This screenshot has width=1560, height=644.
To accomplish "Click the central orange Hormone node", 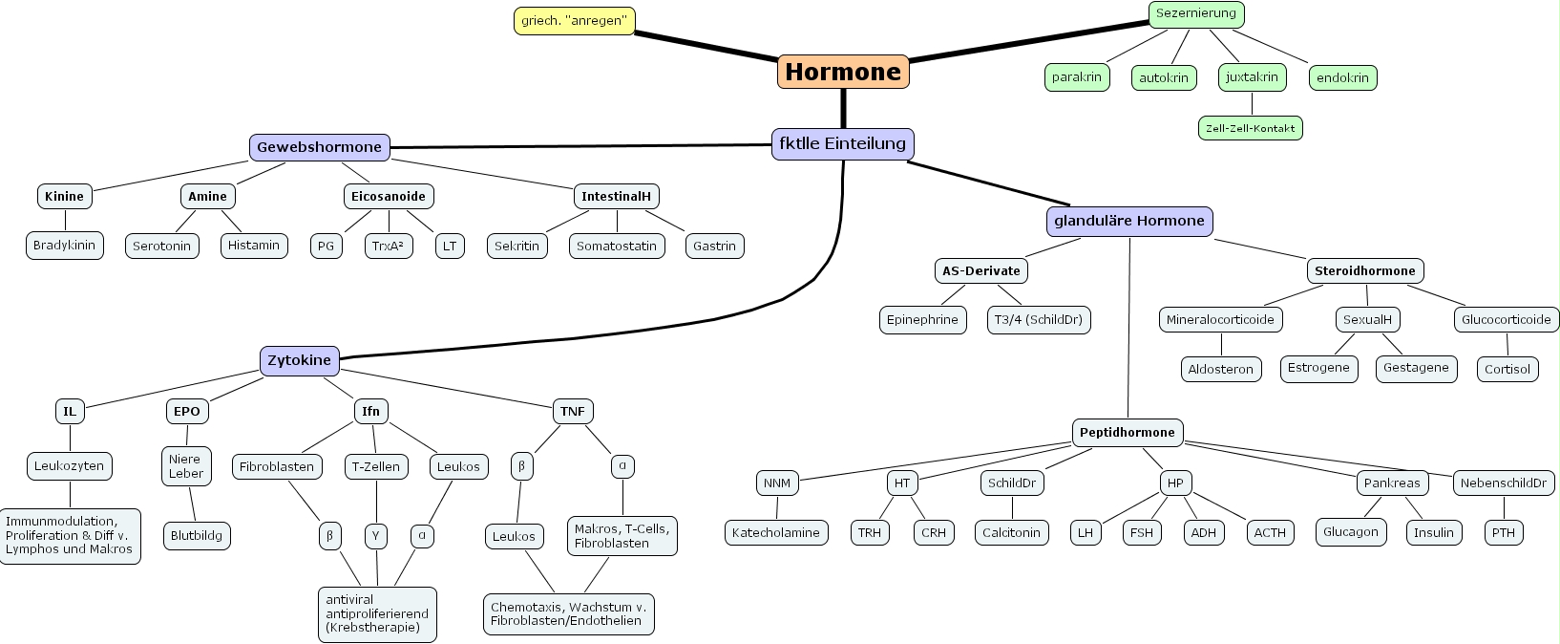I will pos(843,72).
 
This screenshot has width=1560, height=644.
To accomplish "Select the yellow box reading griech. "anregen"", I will pos(574,20).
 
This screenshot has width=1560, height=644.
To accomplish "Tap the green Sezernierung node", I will pos(1195,13).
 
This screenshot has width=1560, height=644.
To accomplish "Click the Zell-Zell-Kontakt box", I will pos(1250,128).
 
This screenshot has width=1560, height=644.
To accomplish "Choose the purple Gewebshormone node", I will pos(319,147).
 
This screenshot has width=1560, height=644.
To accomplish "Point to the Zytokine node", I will pos(299,360).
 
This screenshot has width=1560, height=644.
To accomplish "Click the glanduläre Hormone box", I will pos(1128,221).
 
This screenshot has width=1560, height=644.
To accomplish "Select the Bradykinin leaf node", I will pos(64,246).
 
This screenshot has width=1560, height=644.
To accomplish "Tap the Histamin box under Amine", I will pos(253,246).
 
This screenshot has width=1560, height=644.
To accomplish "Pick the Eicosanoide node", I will pos(388,196).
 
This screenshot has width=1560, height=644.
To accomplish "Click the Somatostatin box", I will pos(616,246).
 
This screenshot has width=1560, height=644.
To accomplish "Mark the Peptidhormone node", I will pos(1127,432).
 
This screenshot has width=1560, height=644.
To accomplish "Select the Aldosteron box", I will pos(1220,369).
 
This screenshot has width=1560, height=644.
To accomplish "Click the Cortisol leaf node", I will pos(1507,369).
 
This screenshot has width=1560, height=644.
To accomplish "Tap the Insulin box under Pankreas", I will pos(1433,532).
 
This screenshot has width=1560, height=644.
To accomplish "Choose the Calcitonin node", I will pos(1011,532).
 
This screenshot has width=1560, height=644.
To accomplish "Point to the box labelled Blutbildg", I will pos(196,536).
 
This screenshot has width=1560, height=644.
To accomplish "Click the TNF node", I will pos(572,411).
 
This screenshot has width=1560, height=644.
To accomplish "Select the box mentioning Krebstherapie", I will pos(377,613).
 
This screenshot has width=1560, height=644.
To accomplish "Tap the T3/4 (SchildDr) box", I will pos(1038,319).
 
